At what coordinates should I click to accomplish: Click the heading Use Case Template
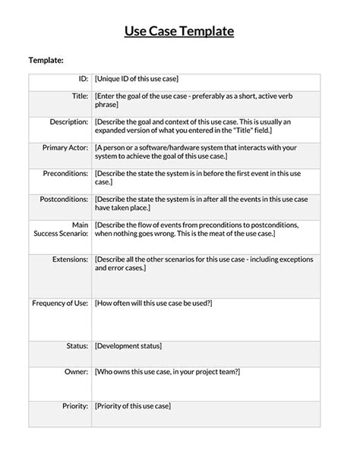coord(179,31)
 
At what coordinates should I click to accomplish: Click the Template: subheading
coord(46,61)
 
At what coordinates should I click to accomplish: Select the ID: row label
coord(84,79)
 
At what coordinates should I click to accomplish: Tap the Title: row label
coord(79,96)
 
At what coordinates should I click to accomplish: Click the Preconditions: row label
coord(65,173)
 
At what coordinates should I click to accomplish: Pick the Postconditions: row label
coord(63,199)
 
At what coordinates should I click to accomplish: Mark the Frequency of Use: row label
coord(60,303)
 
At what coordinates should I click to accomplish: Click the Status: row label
coord(77,346)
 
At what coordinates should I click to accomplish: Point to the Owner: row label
coord(76,372)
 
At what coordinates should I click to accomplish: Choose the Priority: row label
coord(75,406)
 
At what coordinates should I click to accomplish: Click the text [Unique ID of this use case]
coord(137,79)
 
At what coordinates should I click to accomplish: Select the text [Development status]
coord(128,346)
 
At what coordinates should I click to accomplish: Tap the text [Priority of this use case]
coord(133,406)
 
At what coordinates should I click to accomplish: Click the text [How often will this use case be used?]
coord(153,303)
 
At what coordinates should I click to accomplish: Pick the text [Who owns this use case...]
coord(168,372)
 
